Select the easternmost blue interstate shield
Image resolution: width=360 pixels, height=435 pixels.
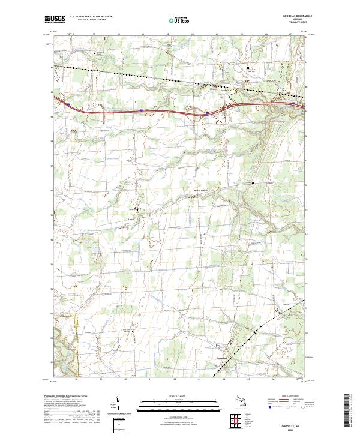point(293,103)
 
